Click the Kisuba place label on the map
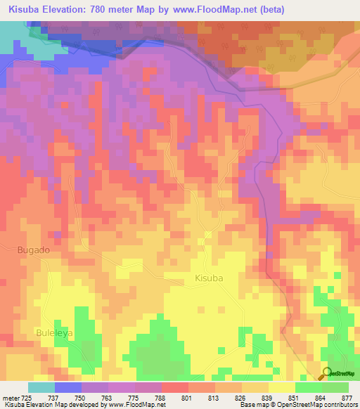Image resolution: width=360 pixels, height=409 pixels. point(208,278)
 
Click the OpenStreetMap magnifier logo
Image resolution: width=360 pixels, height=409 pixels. point(327,374)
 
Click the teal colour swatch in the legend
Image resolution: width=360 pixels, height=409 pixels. point(41,387)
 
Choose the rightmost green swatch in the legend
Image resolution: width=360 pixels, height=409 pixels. point(335,387)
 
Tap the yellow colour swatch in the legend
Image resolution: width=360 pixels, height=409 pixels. point(281,387)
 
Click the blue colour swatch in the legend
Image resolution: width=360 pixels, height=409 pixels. point(68,387)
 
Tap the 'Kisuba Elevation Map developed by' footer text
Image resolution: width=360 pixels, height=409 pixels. point(51,405)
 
